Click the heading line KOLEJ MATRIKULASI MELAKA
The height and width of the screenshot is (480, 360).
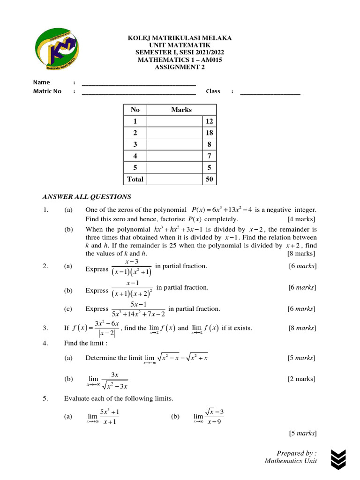click(x=180, y=38)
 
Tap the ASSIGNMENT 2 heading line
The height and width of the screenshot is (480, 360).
click(x=180, y=67)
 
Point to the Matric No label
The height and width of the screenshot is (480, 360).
click(x=47, y=91)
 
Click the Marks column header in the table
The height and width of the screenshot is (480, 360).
click(x=181, y=110)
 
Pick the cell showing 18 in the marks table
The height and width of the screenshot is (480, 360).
click(x=209, y=133)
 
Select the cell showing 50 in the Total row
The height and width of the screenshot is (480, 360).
click(x=209, y=179)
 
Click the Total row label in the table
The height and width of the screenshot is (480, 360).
click(x=135, y=179)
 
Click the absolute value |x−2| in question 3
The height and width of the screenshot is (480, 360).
click(x=105, y=334)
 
